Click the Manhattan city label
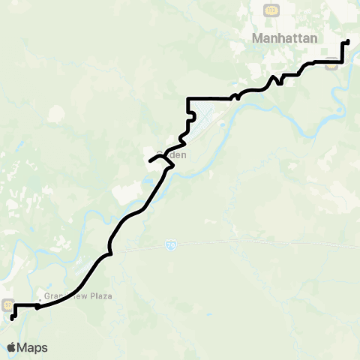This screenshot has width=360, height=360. tap(285, 37)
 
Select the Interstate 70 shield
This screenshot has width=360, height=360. tap(171, 245)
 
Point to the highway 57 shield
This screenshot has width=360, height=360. tap(8, 305)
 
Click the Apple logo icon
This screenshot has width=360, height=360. tap(11, 347)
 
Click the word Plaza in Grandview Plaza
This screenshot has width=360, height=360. tap(98, 296)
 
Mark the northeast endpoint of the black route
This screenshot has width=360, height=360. tap(348, 41)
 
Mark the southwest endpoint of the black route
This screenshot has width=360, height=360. tap(12, 319)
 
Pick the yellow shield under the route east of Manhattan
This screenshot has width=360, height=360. tap(332, 65)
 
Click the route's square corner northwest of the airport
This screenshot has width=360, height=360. tap(187, 98)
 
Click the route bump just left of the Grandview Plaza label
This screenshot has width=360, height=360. tap(37, 307)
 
